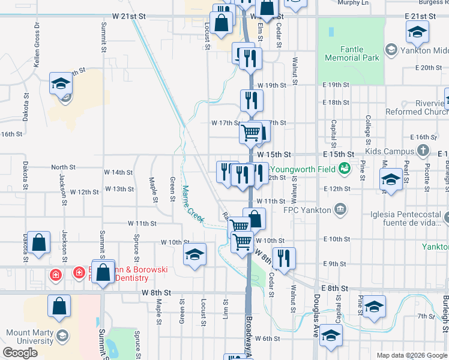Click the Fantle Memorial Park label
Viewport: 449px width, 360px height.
tap(352, 54)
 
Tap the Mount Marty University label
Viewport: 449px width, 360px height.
tap(30, 337)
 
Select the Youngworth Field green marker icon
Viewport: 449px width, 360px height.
tap(345, 169)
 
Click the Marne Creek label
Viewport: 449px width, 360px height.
tap(193, 202)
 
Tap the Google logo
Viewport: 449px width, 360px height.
tap(20, 353)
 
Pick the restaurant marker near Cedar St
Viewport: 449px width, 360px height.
tap(284, 257)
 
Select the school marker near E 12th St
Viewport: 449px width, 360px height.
tap(391, 179)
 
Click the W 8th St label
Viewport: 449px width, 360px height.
tap(157, 292)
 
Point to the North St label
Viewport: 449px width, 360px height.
tap(63, 167)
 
